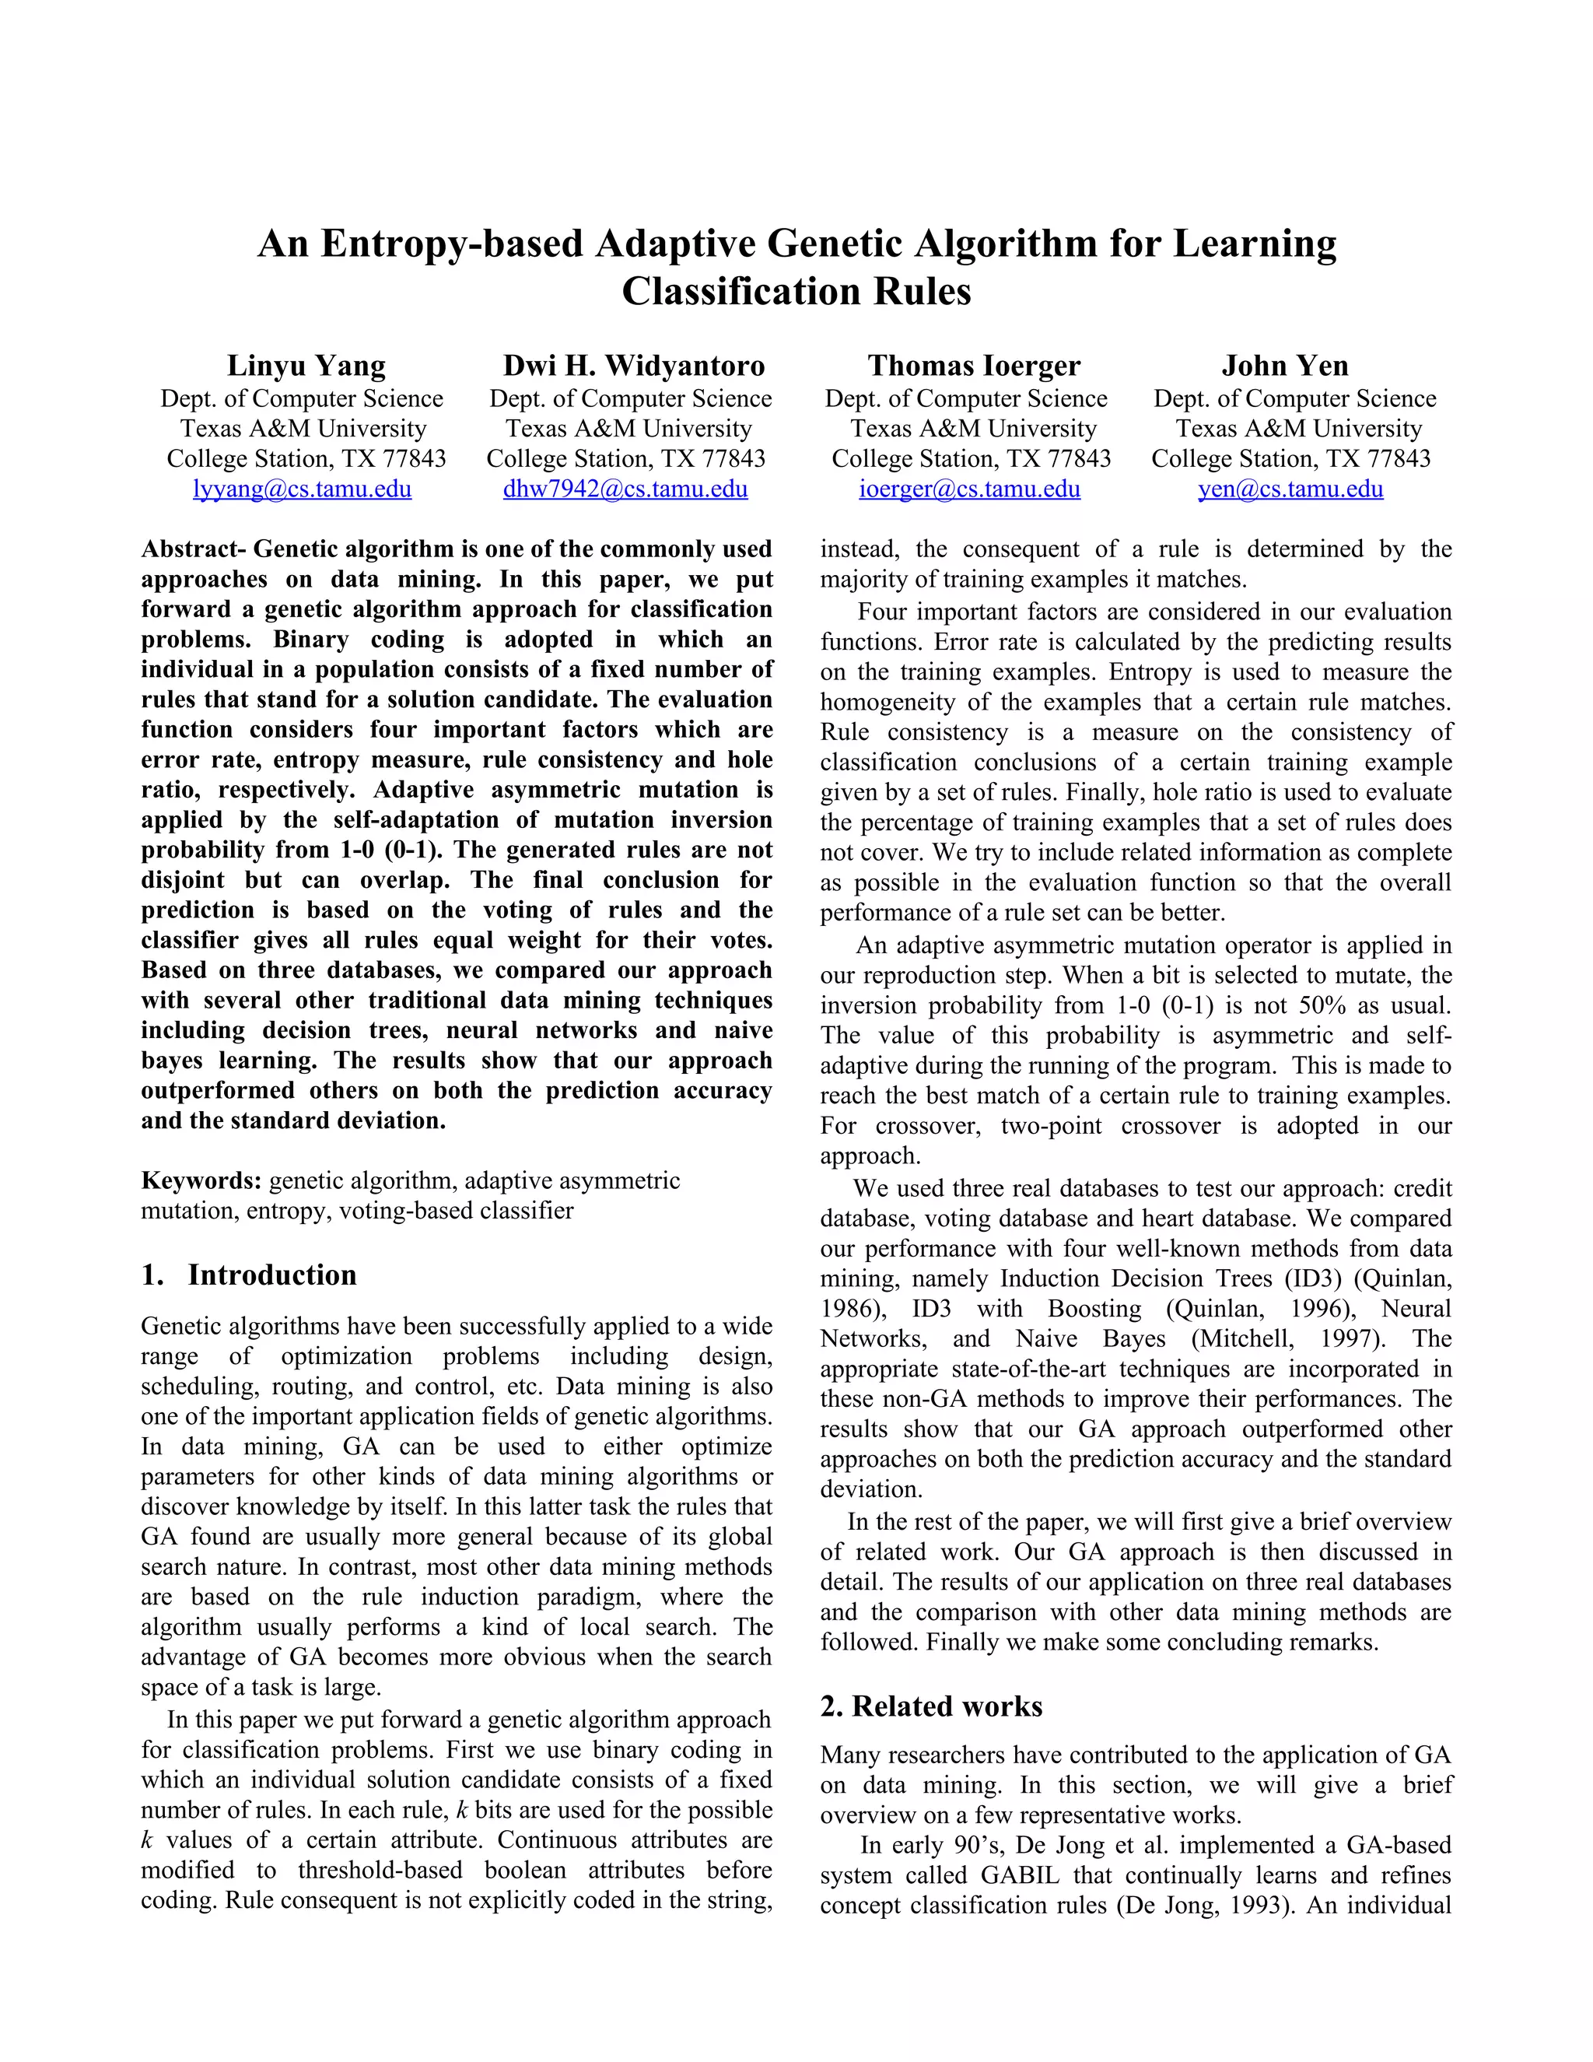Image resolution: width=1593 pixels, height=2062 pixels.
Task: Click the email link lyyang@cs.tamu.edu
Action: pos(302,489)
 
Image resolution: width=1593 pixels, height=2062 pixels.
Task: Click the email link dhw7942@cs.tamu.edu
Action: pos(625,489)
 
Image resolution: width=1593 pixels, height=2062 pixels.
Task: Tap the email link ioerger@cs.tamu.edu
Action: pos(969,489)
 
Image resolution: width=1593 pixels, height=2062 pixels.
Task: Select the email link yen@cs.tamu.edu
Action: pos(1290,489)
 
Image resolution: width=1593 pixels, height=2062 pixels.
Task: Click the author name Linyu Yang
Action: pos(306,366)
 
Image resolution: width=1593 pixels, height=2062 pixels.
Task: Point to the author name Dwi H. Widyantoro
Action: pos(633,366)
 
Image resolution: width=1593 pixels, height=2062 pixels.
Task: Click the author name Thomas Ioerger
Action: pos(974,366)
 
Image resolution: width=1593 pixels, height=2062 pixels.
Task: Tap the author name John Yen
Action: pos(1284,366)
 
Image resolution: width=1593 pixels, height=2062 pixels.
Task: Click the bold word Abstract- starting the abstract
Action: pos(194,549)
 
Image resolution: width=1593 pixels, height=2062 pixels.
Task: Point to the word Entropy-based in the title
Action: pos(452,244)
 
